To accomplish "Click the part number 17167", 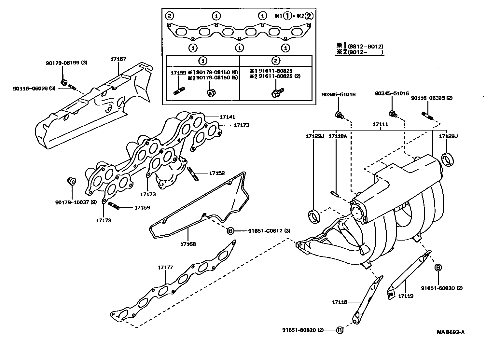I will [118, 59].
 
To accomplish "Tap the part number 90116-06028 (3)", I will [35, 89].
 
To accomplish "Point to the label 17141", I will [227, 117].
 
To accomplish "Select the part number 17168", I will [188, 244].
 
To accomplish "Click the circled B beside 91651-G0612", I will [230, 231].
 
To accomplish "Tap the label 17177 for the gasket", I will [165, 268].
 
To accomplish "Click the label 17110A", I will [338, 136].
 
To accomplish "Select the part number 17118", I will [340, 302].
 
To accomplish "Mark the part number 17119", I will [406, 296].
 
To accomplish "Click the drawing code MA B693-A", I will [451, 332].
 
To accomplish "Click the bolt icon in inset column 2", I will [277, 92].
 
